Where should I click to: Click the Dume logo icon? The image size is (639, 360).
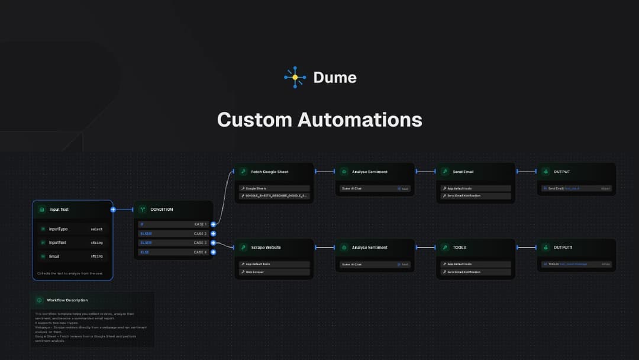[x=295, y=78]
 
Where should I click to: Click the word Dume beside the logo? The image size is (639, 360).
[x=335, y=78]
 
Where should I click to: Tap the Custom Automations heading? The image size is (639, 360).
[x=319, y=120]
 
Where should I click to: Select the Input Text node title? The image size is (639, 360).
[x=59, y=210]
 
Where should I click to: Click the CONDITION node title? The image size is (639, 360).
[x=162, y=210]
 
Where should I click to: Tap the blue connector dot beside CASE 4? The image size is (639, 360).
[x=213, y=252]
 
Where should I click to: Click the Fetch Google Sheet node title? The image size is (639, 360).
[x=270, y=172]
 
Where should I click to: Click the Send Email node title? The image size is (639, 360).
[x=463, y=172]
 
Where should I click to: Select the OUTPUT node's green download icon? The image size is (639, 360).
[x=546, y=172]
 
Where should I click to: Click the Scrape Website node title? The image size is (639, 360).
[x=266, y=247]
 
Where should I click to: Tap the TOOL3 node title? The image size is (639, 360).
[x=460, y=247]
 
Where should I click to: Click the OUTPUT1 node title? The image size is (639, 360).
[x=563, y=247]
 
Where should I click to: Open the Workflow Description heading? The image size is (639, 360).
[x=67, y=300]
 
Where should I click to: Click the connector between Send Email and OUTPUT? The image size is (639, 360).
[x=526, y=172]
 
